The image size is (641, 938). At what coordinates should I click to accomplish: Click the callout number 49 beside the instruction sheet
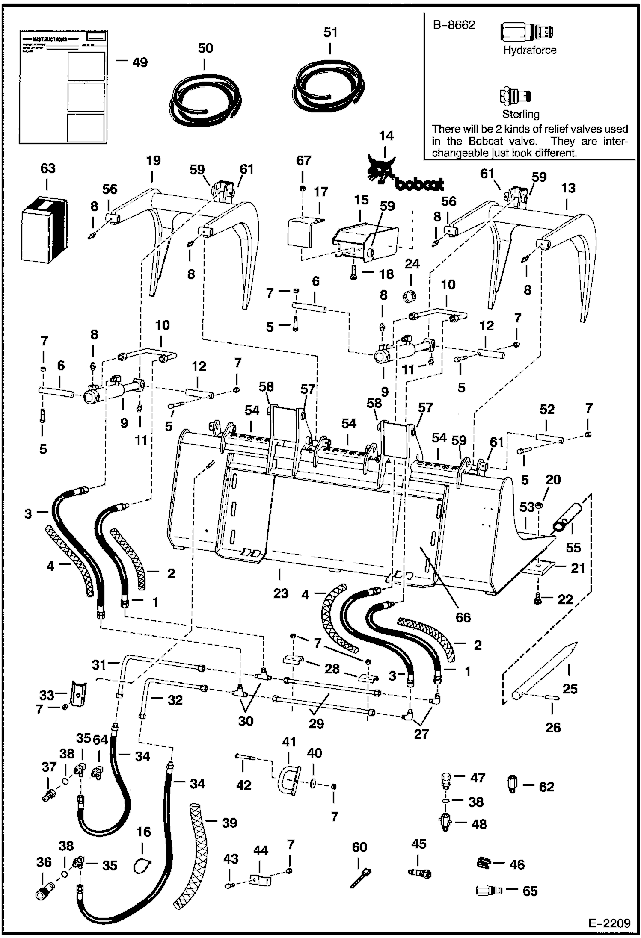tap(140, 62)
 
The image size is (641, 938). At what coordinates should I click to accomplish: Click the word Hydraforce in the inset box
tap(529, 50)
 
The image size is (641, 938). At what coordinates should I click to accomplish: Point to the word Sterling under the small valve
tap(520, 114)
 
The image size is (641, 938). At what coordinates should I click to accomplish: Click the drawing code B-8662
tap(454, 25)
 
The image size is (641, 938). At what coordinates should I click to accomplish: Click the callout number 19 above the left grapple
tap(153, 161)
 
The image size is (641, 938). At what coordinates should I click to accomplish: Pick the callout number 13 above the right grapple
tap(568, 188)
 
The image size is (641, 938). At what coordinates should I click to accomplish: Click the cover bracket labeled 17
tap(303, 233)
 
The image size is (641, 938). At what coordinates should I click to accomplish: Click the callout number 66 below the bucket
tap(463, 617)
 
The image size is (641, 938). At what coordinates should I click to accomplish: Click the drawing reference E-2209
tap(609, 923)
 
